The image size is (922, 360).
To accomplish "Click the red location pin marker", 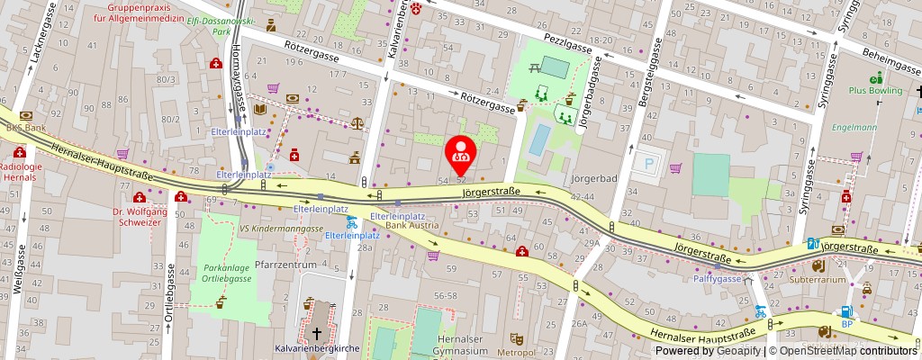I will point(461,151).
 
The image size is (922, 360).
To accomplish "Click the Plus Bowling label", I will point(878,91).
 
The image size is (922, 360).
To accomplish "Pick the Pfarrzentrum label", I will point(286,265).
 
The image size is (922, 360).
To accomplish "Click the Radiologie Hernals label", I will point(19,172).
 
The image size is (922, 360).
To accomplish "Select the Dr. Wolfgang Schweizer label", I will point(140,218).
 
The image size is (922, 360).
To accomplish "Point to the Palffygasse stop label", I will point(717,279).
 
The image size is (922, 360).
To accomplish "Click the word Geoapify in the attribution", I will point(738,351).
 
